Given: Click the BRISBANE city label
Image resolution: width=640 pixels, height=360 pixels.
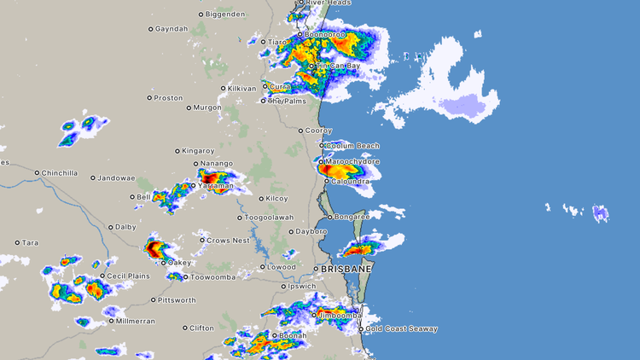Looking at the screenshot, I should (346, 269).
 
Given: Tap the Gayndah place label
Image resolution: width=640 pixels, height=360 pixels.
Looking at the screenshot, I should (172, 29).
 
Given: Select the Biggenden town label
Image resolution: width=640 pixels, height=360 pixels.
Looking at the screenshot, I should (225, 15).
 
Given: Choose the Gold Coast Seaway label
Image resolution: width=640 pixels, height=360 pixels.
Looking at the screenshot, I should (401, 329).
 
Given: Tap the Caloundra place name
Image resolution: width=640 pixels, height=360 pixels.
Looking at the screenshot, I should (350, 181).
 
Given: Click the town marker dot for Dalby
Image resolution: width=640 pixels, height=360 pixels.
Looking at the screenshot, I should (110, 228).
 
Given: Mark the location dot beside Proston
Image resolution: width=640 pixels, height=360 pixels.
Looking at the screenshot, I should (149, 97).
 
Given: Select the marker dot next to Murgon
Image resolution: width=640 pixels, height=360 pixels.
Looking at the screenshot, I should (189, 107).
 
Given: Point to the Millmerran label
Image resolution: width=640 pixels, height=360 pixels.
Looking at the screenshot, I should (135, 322).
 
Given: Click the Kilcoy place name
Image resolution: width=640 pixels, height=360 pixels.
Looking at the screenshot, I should (276, 199).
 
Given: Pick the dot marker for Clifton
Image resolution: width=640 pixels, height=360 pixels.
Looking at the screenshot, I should (185, 328).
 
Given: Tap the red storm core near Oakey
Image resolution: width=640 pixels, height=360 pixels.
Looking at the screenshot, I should (154, 249).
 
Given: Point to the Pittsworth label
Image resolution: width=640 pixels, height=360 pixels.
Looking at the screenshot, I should (177, 300).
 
